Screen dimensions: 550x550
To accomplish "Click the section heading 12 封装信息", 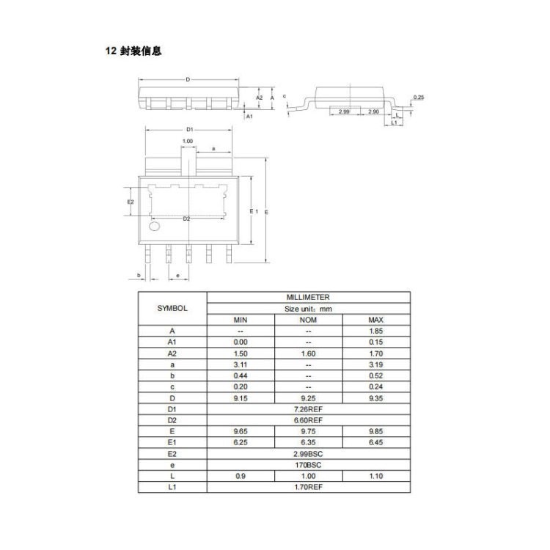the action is point(133,51).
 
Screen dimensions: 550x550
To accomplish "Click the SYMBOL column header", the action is point(172,308).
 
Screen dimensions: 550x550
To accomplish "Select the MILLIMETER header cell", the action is point(308,298).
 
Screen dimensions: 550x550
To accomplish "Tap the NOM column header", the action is point(308,320).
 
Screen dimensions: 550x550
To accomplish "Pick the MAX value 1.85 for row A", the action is point(376,331).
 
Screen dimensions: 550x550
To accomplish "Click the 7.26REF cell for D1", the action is point(308,409).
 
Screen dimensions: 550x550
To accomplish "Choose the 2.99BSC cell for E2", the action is point(308,454).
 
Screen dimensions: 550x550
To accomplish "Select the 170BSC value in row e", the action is point(308,465).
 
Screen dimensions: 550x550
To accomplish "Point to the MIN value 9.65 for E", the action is point(241,431).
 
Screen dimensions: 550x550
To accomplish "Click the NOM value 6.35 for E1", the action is point(308,443).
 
